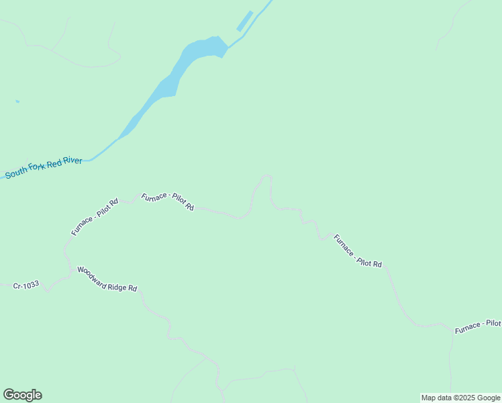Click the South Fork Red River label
[x=44, y=168]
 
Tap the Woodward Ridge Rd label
[x=107, y=279]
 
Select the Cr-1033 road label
[x=26, y=285]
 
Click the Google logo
[x=22, y=395]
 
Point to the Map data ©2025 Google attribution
[x=461, y=398]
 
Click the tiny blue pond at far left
[x=17, y=102]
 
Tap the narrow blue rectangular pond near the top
[x=244, y=21]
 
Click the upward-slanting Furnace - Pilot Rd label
[x=95, y=216]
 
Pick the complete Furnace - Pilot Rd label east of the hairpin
[x=358, y=251]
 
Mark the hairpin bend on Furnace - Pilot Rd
[x=266, y=177]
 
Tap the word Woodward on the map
[x=92, y=275]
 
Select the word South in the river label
[x=17, y=173]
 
